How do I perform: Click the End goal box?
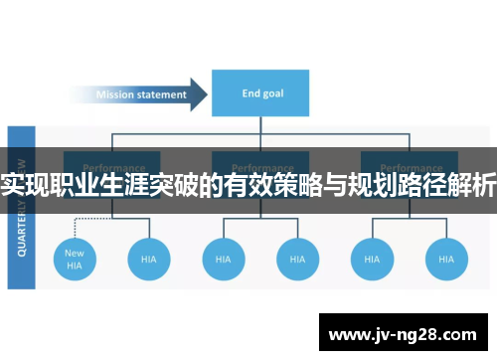click(259, 94)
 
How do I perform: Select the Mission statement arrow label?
click(140, 95)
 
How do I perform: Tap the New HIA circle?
click(75, 259)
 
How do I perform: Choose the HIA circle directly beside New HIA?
click(148, 259)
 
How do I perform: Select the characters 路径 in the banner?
click(427, 185)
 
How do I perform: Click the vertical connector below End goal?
click(259, 126)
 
